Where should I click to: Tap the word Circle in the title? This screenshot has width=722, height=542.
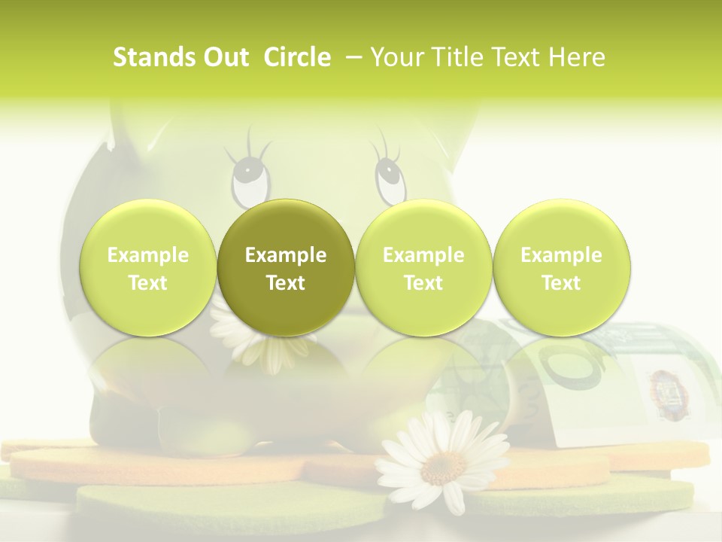click(297, 57)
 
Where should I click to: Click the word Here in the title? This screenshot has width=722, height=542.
click(578, 57)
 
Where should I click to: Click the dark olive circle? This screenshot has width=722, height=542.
click(286, 267)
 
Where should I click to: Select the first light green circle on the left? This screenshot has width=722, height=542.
click(147, 267)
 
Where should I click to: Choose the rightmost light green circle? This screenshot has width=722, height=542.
click(561, 267)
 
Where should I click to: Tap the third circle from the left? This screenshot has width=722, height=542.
click(423, 267)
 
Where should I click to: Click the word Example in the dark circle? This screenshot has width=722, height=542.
click(286, 255)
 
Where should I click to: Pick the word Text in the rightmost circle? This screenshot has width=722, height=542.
click(561, 283)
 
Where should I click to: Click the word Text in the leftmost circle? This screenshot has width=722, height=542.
click(147, 283)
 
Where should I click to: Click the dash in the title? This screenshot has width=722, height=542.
click(351, 57)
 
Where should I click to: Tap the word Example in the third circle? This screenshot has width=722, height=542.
click(423, 255)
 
